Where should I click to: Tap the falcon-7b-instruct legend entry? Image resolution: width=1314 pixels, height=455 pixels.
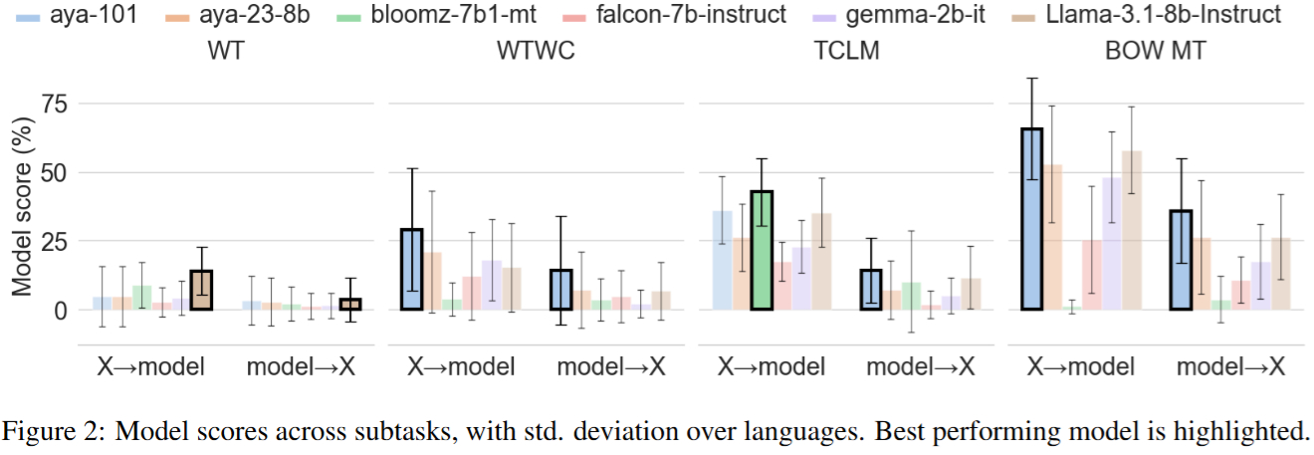[701, 15]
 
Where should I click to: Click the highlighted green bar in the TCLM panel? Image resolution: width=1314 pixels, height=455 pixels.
[762, 250]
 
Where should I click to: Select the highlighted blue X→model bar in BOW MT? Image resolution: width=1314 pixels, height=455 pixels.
[1032, 219]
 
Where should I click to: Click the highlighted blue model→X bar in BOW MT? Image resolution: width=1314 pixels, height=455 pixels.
[1182, 260]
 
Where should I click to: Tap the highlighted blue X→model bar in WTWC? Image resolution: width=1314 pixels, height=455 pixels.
[411, 269]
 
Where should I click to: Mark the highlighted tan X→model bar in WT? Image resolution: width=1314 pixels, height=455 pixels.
[202, 290]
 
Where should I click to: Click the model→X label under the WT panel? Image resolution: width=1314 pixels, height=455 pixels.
[301, 367]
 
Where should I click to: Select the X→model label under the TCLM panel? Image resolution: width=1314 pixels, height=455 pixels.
[771, 367]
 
